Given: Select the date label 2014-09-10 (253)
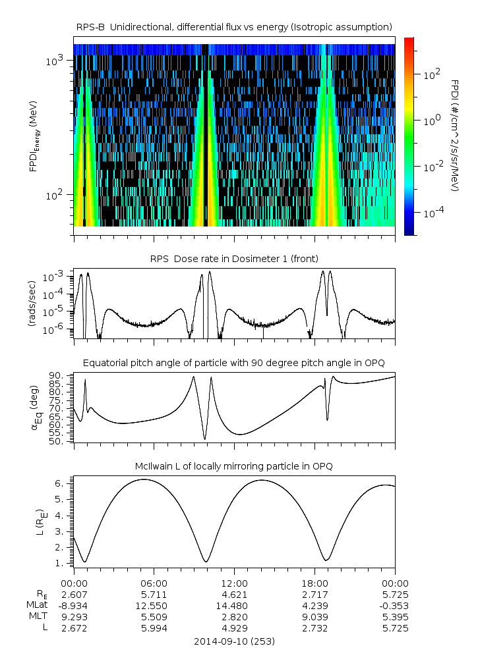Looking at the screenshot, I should pyautogui.click(x=234, y=641).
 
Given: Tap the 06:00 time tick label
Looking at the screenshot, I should pyautogui.click(x=154, y=583).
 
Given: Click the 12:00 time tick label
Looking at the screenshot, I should pyautogui.click(x=235, y=583).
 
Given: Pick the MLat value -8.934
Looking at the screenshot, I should pyautogui.click(x=74, y=606).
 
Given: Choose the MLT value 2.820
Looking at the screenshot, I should pyautogui.click(x=235, y=617).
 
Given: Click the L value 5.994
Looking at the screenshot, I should pyautogui.click(x=154, y=628).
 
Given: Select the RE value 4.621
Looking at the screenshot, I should pyautogui.click(x=235, y=595).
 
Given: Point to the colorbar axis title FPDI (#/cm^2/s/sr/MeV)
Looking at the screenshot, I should pyautogui.click(x=456, y=135).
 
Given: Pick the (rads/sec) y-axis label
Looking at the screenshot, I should pyautogui.click(x=32, y=304).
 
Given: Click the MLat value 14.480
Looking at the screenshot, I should pyautogui.click(x=235, y=606).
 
